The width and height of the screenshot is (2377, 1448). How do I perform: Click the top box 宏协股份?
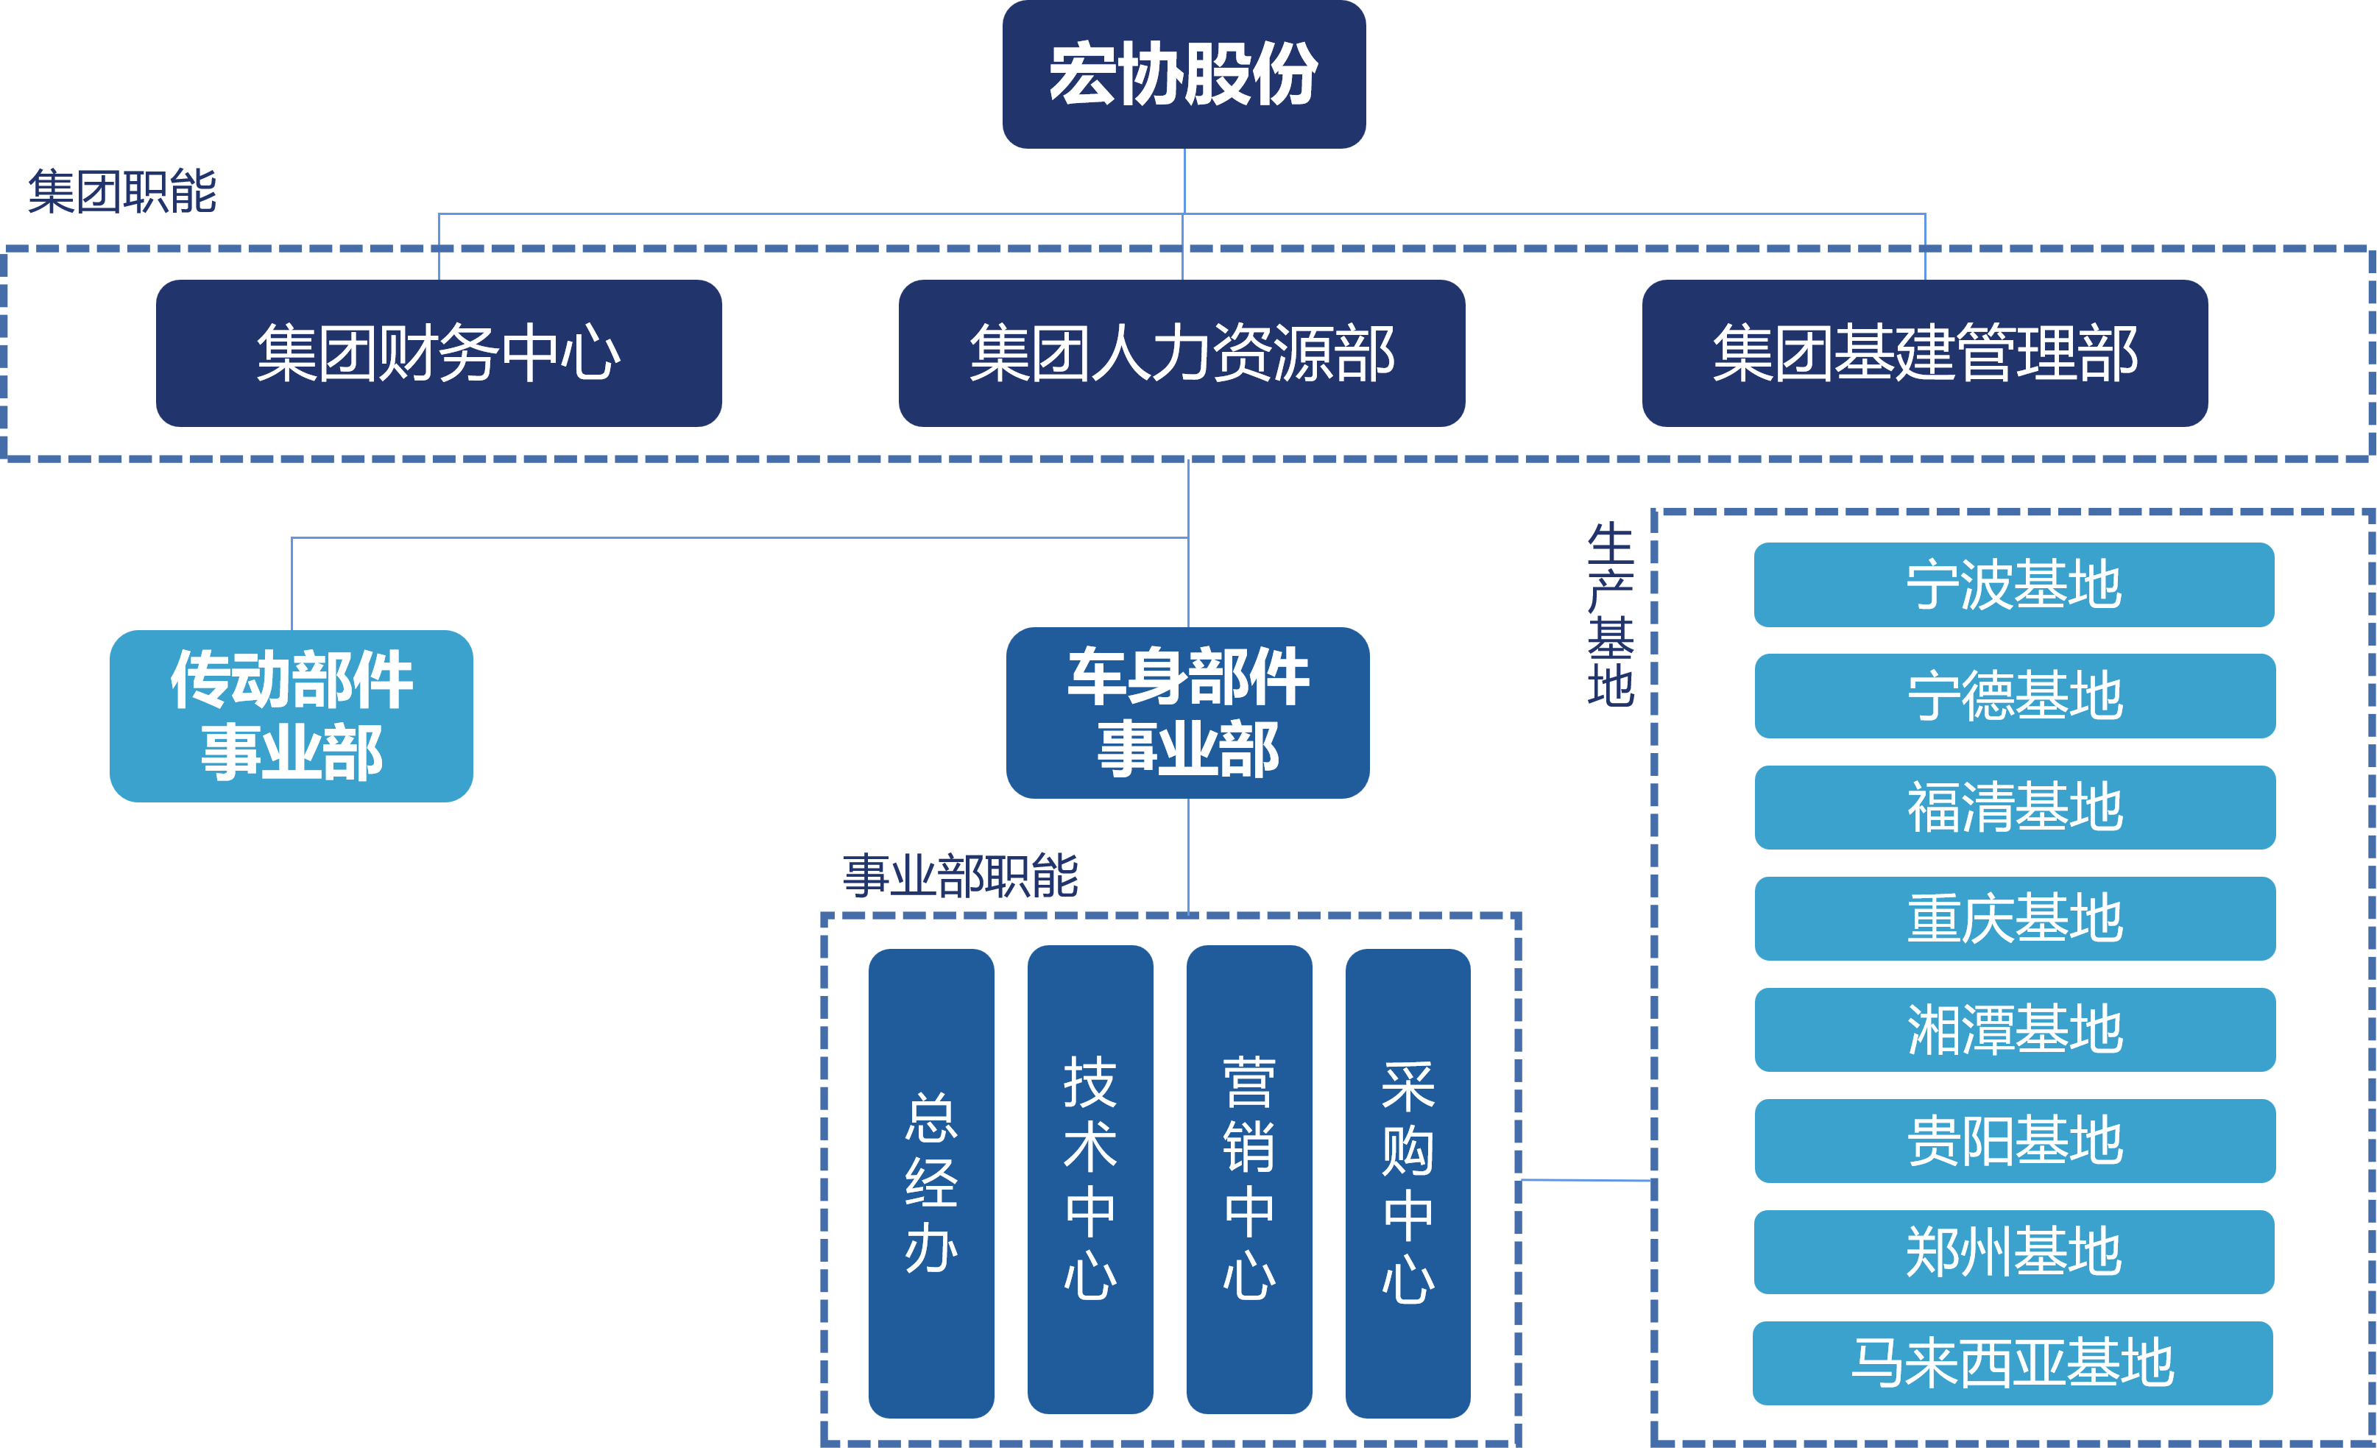pyautogui.click(x=1184, y=74)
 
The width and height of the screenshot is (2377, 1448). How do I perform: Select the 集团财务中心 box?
pyautogui.click(x=439, y=353)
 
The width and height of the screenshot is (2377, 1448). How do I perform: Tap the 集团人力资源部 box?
pyautogui.click(x=1182, y=353)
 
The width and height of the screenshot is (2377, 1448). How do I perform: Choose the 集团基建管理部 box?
pyautogui.click(x=1924, y=353)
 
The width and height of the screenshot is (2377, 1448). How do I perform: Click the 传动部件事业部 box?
pyautogui.click(x=292, y=716)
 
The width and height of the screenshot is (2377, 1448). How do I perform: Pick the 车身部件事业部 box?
pyautogui.click(x=1187, y=713)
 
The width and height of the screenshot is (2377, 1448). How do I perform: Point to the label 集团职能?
pyautogui.click(x=122, y=191)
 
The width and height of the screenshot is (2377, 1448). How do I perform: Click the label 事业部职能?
pyautogui.click(x=960, y=876)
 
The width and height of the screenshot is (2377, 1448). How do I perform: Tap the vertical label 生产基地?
pyautogui.click(x=1610, y=615)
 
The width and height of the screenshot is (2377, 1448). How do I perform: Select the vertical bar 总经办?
pyautogui.click(x=931, y=1183)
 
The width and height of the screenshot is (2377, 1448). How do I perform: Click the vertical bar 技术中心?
pyautogui.click(x=1090, y=1179)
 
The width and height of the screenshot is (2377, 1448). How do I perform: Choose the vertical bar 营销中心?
pyautogui.click(x=1249, y=1179)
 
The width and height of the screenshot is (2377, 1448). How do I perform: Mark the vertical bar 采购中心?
pyautogui.click(x=1408, y=1183)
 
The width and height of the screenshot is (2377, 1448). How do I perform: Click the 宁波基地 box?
pyautogui.click(x=2013, y=585)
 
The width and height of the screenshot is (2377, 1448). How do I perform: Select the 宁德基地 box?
pyautogui.click(x=2014, y=696)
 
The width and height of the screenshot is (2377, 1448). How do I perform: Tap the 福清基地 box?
pyautogui.click(x=2014, y=808)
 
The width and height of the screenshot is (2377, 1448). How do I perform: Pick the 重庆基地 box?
pyautogui.click(x=2014, y=919)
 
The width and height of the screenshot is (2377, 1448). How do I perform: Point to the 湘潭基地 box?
pyautogui.click(x=2014, y=1029)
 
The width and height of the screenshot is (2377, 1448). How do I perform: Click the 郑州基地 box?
pyautogui.click(x=2013, y=1252)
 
